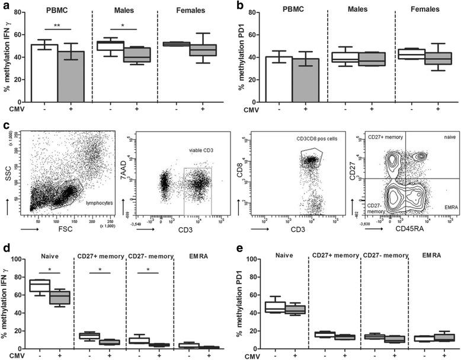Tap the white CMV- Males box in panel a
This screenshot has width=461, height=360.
pos(110,46)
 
